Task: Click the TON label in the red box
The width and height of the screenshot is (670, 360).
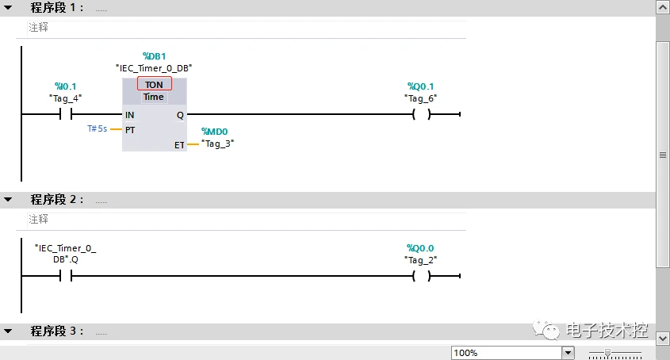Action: coord(154,84)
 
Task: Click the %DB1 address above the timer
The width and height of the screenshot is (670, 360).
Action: coord(154,56)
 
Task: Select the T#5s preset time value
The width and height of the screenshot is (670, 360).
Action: coord(97,128)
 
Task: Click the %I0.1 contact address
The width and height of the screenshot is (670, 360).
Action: coord(65,86)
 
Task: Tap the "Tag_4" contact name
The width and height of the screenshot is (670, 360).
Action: coord(65,98)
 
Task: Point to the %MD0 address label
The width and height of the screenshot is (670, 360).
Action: coord(215,132)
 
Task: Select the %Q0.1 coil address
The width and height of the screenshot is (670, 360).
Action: coord(421,86)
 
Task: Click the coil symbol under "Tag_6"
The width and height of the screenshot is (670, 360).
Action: coord(421,114)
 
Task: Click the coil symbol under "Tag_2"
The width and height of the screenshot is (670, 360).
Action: coord(421,276)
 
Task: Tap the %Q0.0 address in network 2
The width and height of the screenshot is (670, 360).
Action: coord(420,247)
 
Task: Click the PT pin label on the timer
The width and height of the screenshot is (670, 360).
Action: coord(130,128)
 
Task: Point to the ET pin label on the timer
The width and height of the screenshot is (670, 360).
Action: coord(179,145)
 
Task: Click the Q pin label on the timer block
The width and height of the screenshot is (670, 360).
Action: coord(179,115)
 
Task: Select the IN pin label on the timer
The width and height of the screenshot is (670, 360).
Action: coord(129,115)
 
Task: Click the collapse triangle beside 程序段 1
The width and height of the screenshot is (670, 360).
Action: coord(8,7)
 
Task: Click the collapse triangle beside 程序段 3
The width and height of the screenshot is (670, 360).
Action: coord(8,331)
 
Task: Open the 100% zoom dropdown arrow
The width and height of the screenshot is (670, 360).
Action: coord(568,353)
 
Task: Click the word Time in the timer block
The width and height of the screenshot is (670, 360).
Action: coord(154,97)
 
